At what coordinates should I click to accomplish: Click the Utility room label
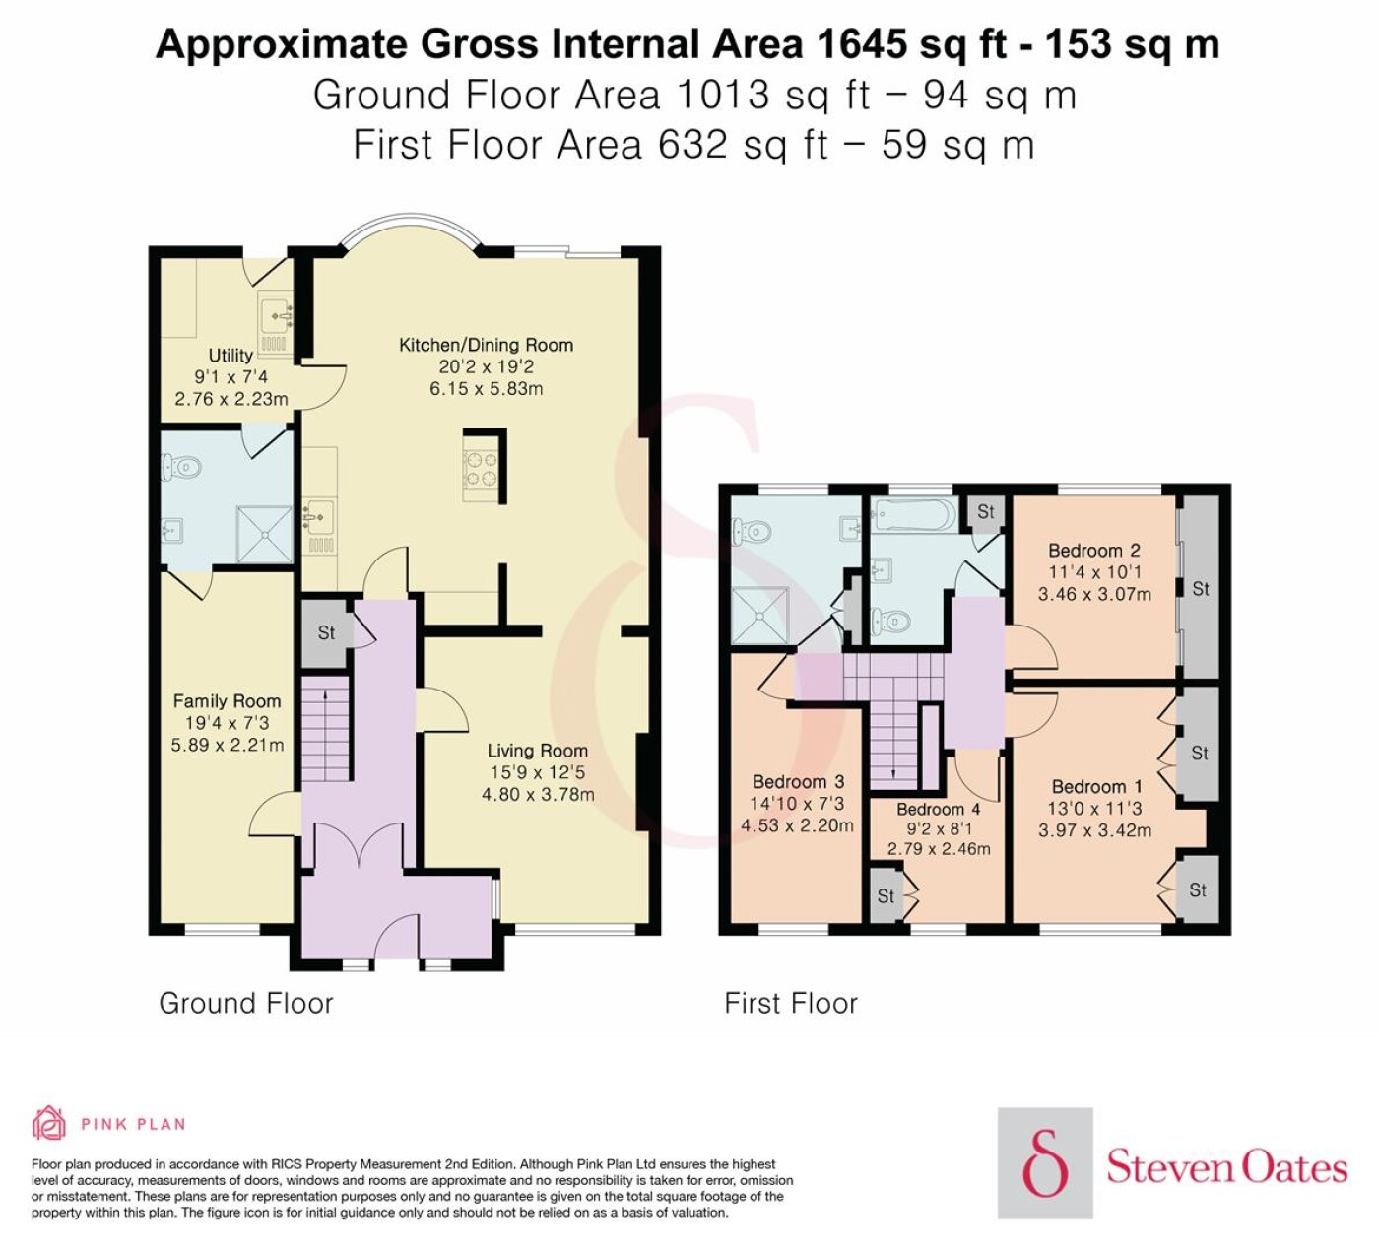pyautogui.click(x=230, y=355)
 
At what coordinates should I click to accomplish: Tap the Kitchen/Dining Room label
pyautogui.click(x=486, y=345)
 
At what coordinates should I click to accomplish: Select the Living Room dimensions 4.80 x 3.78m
pyautogui.click(x=538, y=794)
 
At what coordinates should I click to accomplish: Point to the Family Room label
pyautogui.click(x=227, y=700)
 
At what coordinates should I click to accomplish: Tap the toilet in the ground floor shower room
pyautogui.click(x=180, y=468)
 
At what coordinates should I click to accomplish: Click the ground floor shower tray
pyautogui.click(x=265, y=534)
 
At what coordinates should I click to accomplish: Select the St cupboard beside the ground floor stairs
pyautogui.click(x=325, y=633)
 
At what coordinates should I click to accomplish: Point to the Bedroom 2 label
pyautogui.click(x=1094, y=551)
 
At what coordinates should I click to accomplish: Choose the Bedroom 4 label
pyautogui.click(x=939, y=809)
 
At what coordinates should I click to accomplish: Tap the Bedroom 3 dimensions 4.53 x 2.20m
pyautogui.click(x=798, y=824)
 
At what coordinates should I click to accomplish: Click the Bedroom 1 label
pyautogui.click(x=1097, y=786)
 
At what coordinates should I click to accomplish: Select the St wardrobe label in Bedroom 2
pyautogui.click(x=1201, y=589)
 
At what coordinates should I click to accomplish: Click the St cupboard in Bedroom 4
pyautogui.click(x=886, y=896)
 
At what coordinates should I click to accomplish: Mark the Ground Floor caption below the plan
pyautogui.click(x=246, y=1004)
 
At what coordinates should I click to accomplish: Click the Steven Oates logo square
pyautogui.click(x=1045, y=1163)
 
